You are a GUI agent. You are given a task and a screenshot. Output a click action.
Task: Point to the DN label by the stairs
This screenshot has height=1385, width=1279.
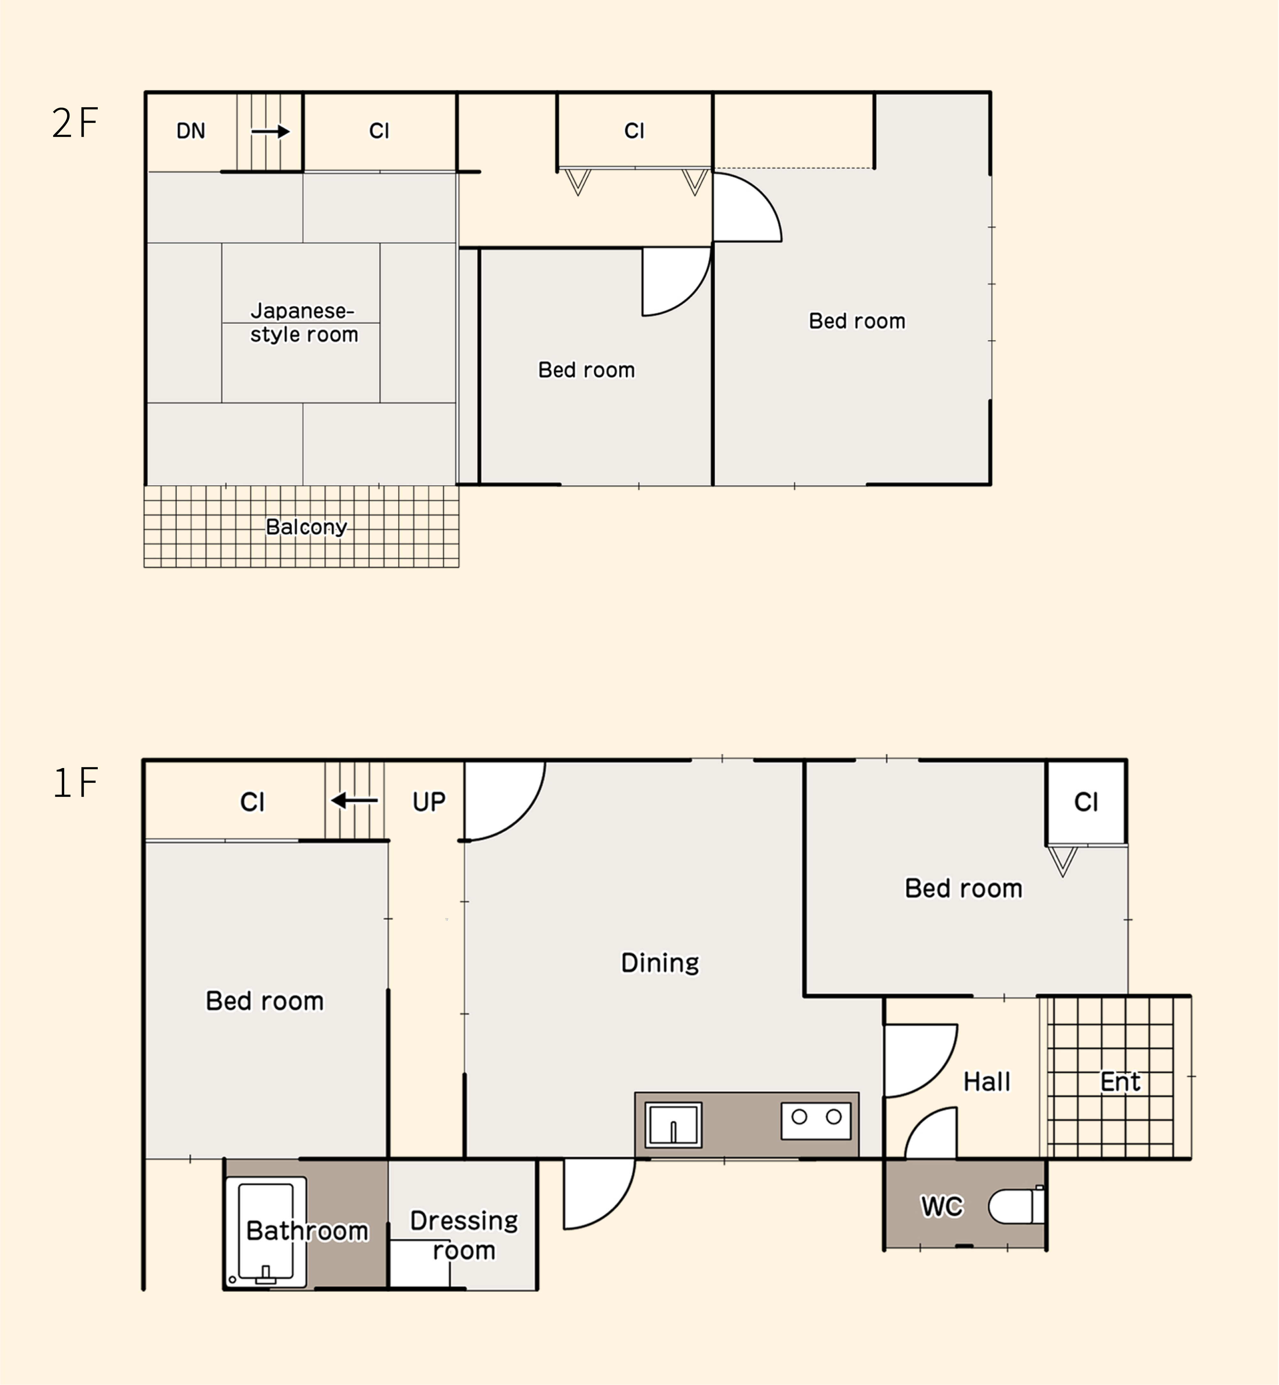pos(191,131)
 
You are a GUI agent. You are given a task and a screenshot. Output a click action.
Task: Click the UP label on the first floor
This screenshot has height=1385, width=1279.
pos(429,802)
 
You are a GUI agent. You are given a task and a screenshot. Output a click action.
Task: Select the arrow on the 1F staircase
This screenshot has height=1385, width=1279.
pos(354,800)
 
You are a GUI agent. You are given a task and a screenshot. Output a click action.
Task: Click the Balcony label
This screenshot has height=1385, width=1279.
pos(307,527)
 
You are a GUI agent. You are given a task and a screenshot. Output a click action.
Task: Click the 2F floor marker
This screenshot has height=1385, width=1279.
pos(75,123)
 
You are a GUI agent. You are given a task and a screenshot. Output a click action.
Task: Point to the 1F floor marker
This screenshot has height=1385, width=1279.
pos(75,783)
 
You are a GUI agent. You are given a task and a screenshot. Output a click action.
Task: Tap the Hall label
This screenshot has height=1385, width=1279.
pos(987,1082)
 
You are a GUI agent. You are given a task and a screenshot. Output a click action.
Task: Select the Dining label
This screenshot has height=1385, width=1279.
pos(660,963)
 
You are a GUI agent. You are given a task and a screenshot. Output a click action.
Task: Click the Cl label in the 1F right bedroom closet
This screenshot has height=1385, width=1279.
pos(1086,803)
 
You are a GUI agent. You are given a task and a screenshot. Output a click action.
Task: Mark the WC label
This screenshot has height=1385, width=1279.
pos(942,1206)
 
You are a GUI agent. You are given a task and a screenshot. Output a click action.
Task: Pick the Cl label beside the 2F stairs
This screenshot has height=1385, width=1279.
pos(379,131)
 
